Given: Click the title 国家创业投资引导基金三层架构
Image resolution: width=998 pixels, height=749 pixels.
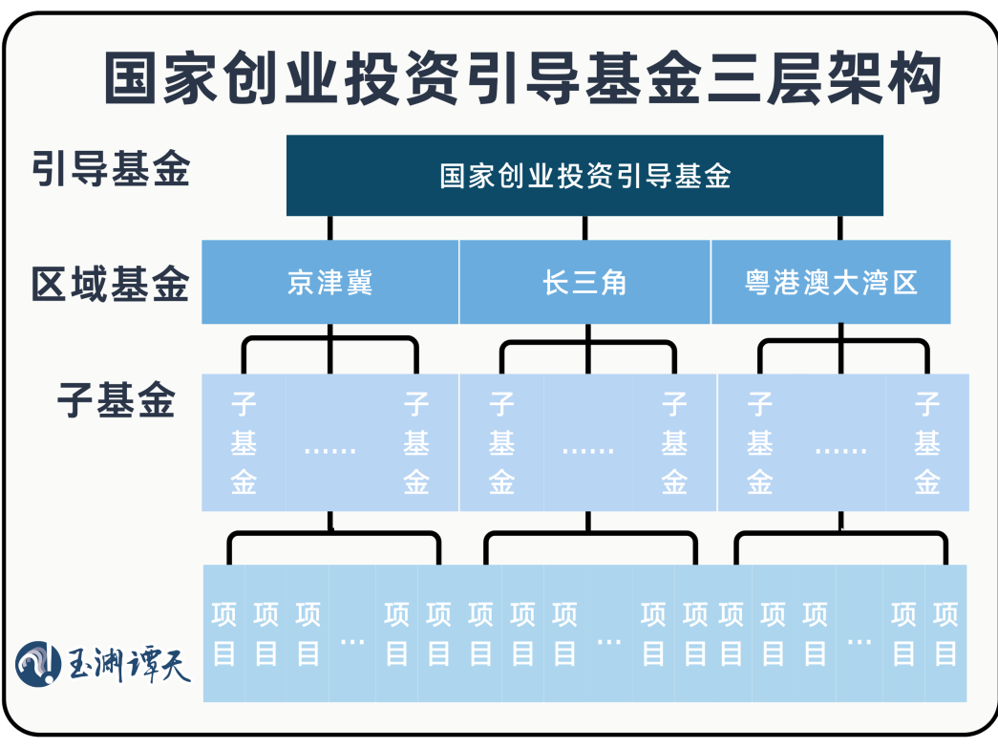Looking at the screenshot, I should [x=522, y=78].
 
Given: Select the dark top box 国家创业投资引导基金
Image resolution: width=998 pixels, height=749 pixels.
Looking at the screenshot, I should [x=584, y=176].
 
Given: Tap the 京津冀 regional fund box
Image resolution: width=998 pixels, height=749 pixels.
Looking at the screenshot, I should [x=329, y=283].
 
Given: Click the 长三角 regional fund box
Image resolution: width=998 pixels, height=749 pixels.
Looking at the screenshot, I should [x=584, y=283].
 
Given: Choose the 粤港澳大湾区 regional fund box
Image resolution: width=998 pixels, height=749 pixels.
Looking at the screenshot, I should [x=831, y=283].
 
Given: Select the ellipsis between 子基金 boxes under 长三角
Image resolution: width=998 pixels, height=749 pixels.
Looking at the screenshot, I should [x=587, y=447].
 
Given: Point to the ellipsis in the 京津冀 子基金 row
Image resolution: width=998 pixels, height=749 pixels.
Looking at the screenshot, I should [x=329, y=447].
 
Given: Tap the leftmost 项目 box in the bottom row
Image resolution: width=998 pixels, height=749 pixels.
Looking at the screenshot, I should [x=224, y=633].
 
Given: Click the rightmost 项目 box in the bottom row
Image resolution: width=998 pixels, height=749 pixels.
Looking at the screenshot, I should [x=945, y=633].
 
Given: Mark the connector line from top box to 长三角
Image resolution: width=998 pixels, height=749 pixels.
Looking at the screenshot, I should [x=585, y=227].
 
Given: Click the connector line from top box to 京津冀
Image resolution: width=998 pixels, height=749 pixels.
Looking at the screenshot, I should [x=330, y=227].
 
